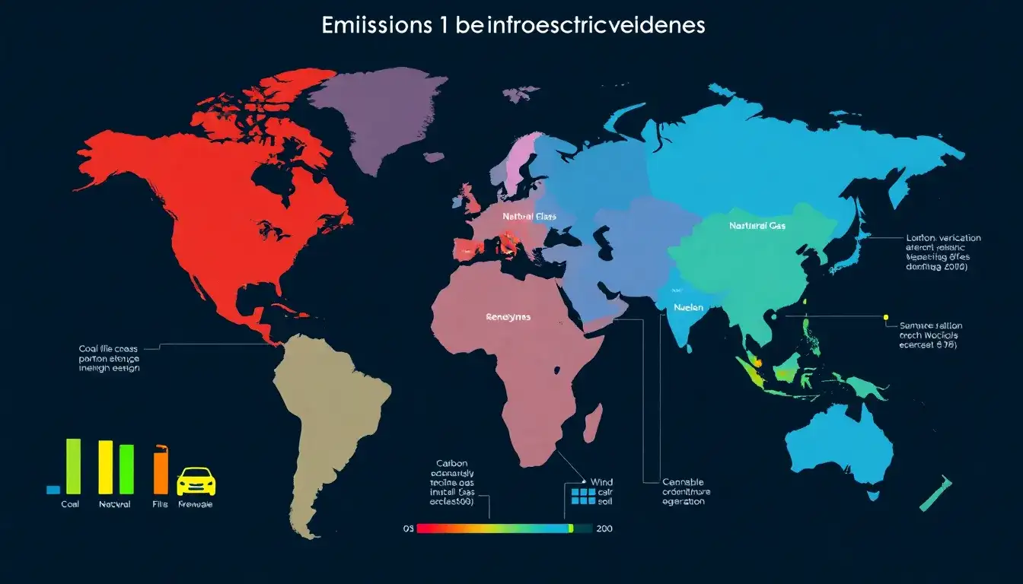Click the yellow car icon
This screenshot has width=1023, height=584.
tap(196, 482)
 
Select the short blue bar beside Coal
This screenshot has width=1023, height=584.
tap(53, 490)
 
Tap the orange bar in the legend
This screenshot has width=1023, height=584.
tap(161, 473)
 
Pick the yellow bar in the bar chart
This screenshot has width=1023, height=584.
tap(106, 467)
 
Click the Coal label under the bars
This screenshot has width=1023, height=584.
tap(69, 504)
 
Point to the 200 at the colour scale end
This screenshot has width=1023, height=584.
tap(604, 528)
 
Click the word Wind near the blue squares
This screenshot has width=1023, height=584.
tap(601, 482)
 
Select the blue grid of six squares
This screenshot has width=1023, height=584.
tap(582, 496)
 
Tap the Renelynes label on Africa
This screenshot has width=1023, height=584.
tap(508, 317)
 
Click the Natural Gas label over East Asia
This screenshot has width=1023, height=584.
tap(757, 226)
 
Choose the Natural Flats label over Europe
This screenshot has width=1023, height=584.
tap(529, 217)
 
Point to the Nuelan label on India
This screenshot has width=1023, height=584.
tap(688, 308)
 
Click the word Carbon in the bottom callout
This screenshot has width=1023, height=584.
tap(452, 462)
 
